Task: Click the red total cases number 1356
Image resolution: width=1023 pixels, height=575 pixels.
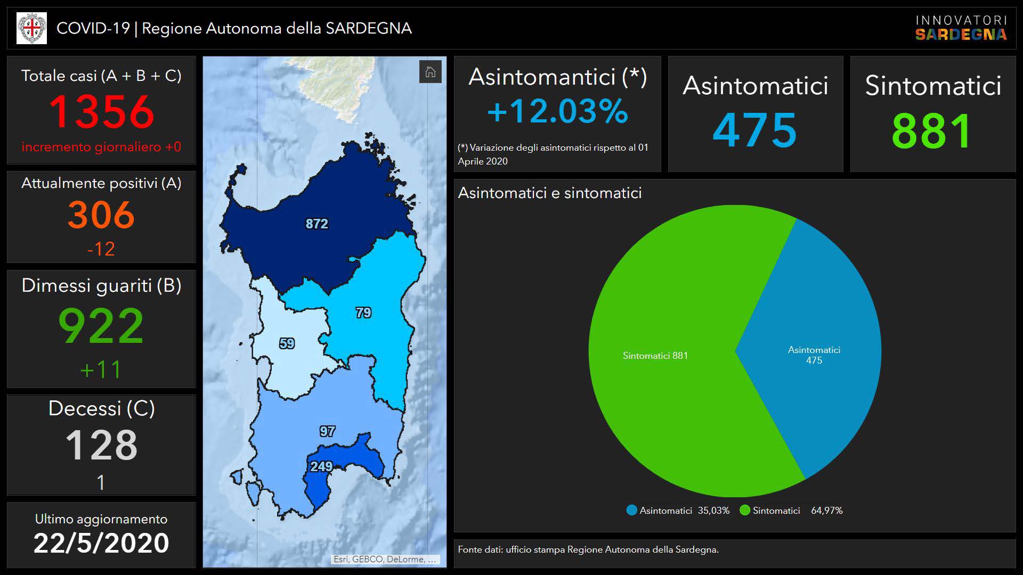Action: [x=101, y=112]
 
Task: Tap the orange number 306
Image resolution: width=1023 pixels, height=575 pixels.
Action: [x=101, y=215]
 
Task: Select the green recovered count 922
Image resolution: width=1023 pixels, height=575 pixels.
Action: [x=101, y=325]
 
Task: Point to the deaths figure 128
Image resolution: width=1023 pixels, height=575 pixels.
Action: [x=101, y=445]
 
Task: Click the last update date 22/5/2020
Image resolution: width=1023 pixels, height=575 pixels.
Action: [x=101, y=543]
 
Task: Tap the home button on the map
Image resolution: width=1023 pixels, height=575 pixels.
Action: [x=430, y=72]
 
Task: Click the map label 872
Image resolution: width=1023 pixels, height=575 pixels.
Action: [x=316, y=224]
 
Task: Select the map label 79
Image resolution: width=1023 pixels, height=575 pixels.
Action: [x=363, y=313]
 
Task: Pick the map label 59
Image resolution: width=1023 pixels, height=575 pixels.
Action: [x=287, y=343]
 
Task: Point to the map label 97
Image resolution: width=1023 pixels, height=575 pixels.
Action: [x=327, y=431]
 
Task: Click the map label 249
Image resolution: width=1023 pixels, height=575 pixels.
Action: [x=321, y=467]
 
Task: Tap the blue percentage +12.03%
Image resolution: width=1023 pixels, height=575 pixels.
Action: [x=557, y=111]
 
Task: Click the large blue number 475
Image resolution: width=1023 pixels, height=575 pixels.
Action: [x=755, y=130]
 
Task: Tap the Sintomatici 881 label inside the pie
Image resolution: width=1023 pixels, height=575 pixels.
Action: [x=655, y=356]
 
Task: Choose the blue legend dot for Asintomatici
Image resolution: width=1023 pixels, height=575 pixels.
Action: [x=632, y=511]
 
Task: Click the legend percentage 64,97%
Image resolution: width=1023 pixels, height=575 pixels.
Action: [x=827, y=511]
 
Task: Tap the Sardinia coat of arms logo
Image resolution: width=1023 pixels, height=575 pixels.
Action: [x=31, y=28]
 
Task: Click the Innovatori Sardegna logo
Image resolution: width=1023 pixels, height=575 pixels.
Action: [x=961, y=28]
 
